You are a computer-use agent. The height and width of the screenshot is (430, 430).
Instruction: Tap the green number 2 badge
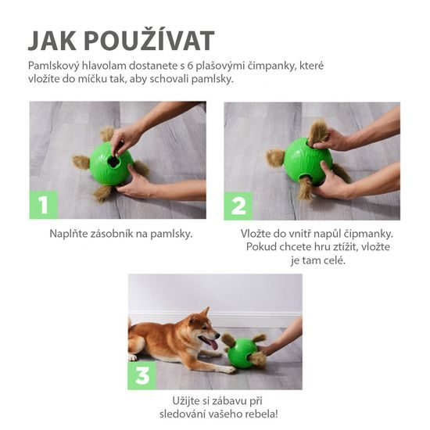[x=238, y=205]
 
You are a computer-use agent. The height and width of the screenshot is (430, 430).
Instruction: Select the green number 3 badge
[x=142, y=375]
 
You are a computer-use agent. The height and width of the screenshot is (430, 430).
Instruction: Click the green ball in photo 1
[x=112, y=165]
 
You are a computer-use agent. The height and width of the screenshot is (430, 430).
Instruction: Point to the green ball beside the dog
[x=242, y=353]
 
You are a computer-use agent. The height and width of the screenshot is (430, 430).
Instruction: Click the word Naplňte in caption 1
[x=69, y=233]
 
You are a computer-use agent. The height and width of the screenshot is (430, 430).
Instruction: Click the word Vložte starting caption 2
[x=260, y=233]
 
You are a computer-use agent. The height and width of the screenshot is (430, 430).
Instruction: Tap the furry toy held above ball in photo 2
[x=319, y=131]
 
